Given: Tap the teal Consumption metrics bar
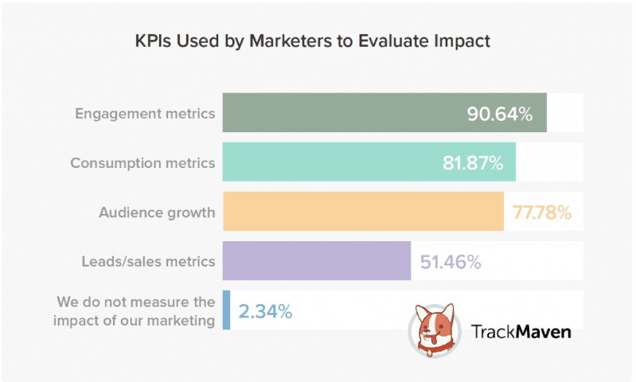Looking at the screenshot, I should [x=334, y=162].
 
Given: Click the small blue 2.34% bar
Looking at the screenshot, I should [x=227, y=310].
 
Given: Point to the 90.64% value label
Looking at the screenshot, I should [x=499, y=114].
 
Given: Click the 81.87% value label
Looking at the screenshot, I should [x=473, y=163].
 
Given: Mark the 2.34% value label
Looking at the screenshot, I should [x=265, y=311].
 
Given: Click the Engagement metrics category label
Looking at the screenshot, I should [x=145, y=113].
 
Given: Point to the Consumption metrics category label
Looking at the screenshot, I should [x=142, y=162].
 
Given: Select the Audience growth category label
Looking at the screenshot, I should [x=157, y=212].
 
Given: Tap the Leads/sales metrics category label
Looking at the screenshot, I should [x=148, y=261].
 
